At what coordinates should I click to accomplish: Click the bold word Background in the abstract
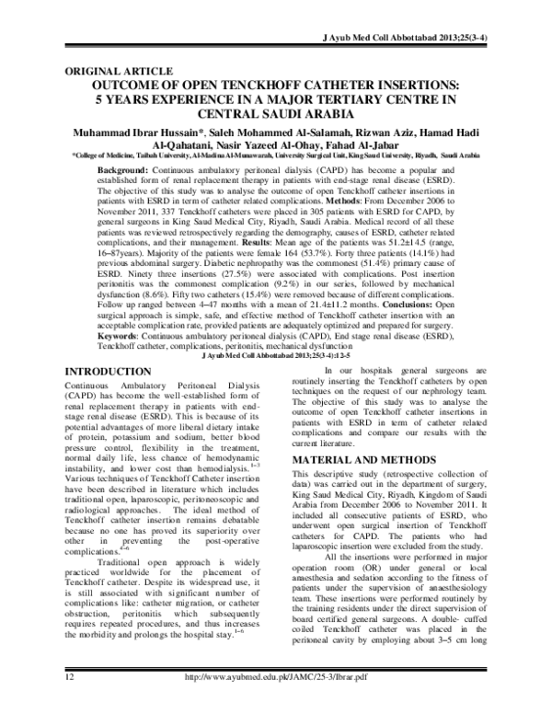pyautogui.click(x=127, y=172)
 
